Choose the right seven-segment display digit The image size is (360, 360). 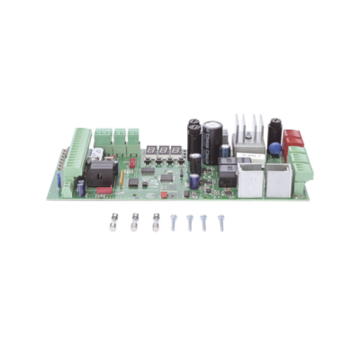click(175, 151)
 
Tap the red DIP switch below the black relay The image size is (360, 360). click(103, 191)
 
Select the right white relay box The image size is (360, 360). click(278, 179)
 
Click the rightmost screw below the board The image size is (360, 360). click(221, 223)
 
